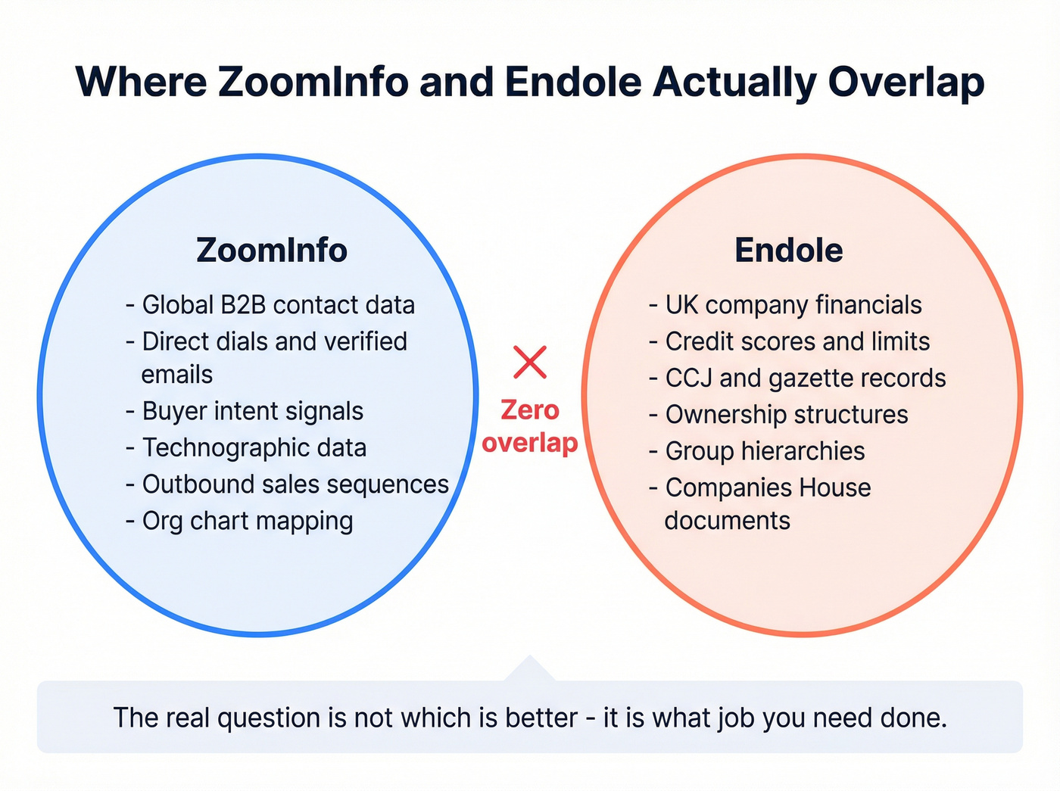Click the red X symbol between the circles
click(530, 362)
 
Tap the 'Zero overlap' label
click(530, 426)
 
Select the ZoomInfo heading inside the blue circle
click(272, 251)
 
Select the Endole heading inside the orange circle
click(788, 251)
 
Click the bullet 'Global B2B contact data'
click(278, 305)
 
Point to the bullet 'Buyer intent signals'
click(252, 411)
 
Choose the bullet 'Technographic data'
click(254, 447)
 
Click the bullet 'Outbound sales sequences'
click(295, 484)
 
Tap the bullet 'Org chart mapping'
click(247, 521)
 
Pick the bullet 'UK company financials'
click(793, 305)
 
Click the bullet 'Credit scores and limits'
click(797, 341)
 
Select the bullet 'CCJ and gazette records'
click(805, 378)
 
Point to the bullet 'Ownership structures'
click(786, 415)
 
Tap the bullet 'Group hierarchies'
click(765, 451)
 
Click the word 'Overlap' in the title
click(906, 83)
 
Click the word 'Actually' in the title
click(734, 82)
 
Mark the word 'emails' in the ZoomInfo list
click(176, 375)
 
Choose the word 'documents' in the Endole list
click(727, 521)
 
